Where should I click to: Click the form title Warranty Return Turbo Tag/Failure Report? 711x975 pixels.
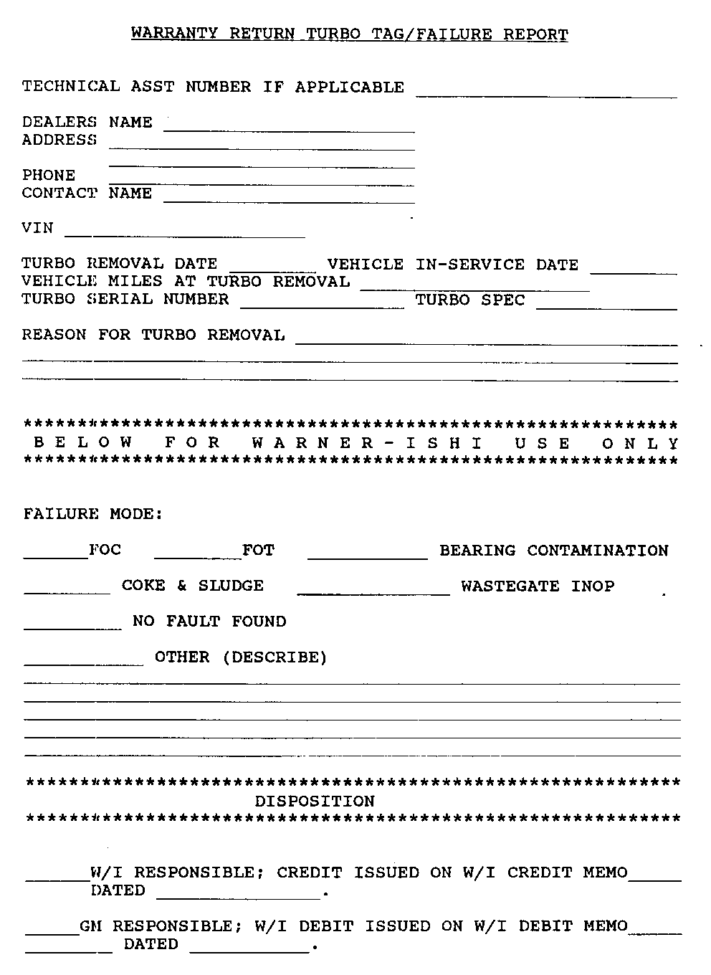[350, 34]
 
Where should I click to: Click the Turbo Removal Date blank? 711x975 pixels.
[272, 267]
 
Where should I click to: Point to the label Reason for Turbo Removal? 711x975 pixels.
[153, 335]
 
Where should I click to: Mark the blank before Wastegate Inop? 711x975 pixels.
[373, 589]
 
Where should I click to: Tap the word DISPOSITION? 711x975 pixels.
[315, 801]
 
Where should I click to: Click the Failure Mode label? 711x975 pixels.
[93, 514]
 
